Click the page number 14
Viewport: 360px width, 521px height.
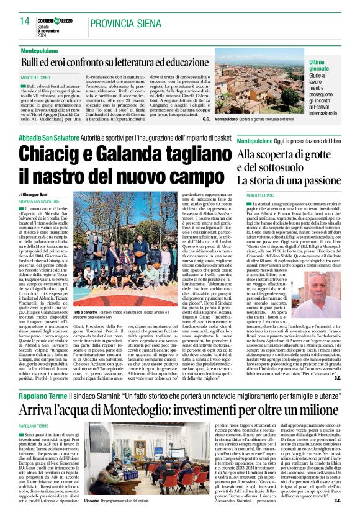tap(25, 22)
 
